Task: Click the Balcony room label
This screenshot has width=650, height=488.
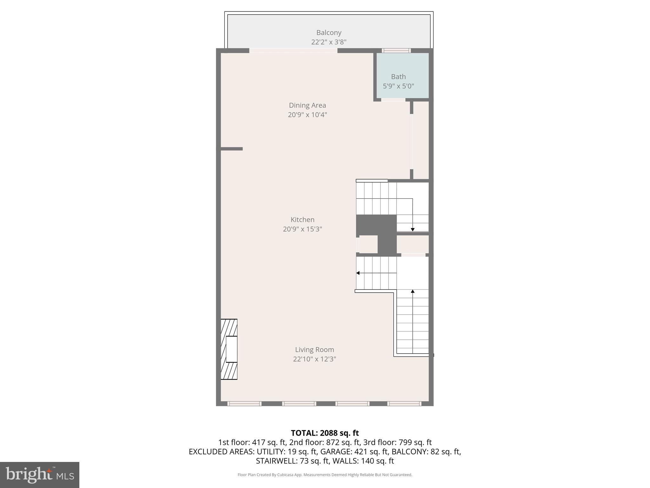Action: point(328,32)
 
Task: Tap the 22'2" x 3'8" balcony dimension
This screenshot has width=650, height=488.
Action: point(328,42)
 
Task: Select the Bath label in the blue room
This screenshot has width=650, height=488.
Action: point(398,77)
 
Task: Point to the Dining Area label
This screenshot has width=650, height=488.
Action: point(307,105)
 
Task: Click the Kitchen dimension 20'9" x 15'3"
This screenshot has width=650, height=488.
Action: point(302,229)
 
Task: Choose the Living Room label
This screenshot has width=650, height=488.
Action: point(314,349)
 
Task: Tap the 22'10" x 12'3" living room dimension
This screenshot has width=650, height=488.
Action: point(314,359)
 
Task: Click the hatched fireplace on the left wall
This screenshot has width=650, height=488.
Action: point(229,349)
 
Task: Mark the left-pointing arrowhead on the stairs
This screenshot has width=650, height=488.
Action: point(358,273)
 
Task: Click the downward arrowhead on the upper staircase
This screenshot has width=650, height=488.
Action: point(413,229)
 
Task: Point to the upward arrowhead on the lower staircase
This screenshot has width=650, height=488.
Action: point(413,291)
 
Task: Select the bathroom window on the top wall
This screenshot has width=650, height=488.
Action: point(396,51)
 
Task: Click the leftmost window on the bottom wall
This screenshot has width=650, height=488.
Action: point(244,403)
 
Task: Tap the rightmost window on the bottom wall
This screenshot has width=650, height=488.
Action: point(404,403)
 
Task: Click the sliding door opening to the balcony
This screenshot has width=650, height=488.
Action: point(293,51)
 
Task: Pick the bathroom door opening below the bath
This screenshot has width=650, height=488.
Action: point(393,100)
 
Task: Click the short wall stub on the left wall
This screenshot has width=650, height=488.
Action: point(231,149)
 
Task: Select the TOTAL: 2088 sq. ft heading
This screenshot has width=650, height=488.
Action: point(325,433)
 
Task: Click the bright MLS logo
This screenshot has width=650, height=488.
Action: point(40,475)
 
